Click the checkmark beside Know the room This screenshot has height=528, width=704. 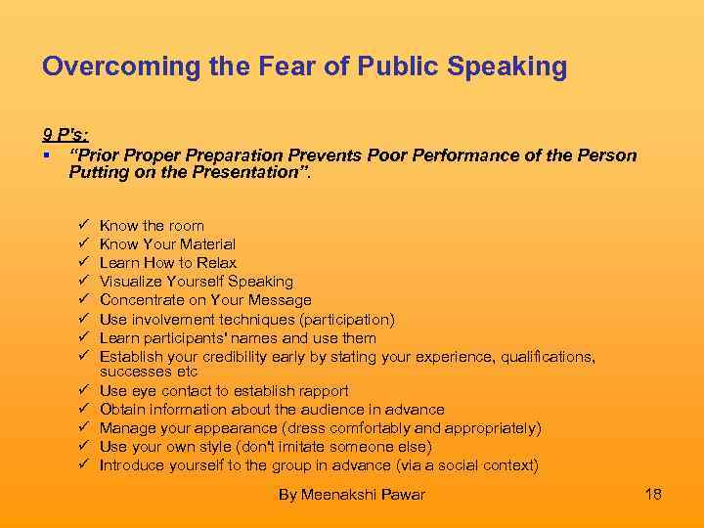point(83,226)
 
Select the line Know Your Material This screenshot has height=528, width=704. point(167,244)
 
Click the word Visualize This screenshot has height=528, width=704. point(131,282)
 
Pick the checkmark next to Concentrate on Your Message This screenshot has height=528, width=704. point(83,300)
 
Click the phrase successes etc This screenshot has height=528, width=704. point(149,372)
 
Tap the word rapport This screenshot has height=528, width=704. point(322,390)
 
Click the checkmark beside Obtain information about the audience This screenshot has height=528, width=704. point(83,409)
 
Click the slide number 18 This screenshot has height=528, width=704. point(653,494)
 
